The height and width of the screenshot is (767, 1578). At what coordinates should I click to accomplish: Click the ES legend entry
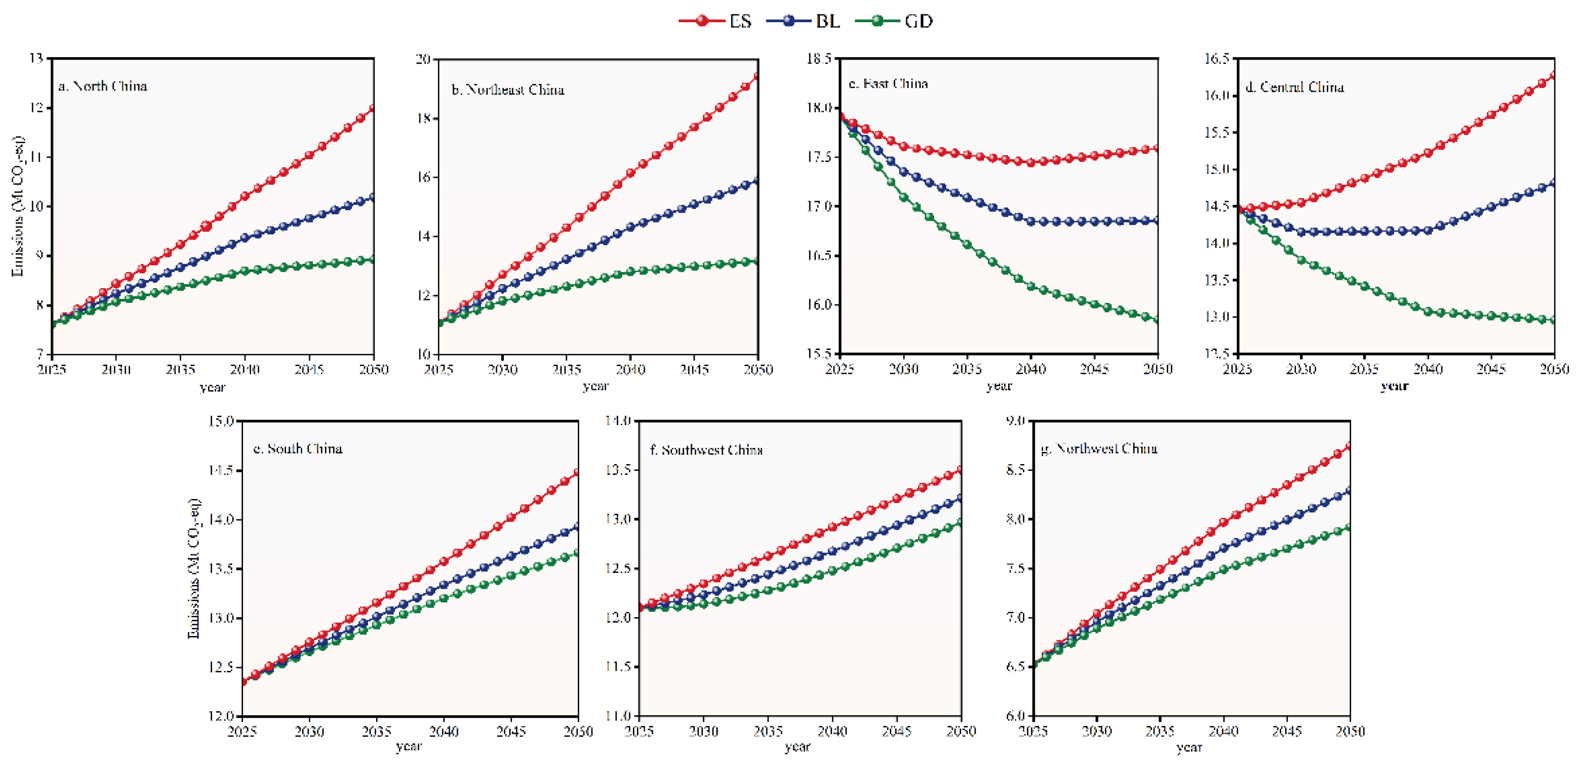click(x=715, y=21)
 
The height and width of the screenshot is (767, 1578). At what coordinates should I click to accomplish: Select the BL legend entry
click(x=803, y=21)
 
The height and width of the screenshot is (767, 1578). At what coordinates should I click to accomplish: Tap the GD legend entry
click(x=894, y=21)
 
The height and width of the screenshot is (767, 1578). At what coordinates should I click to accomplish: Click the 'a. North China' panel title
click(x=103, y=86)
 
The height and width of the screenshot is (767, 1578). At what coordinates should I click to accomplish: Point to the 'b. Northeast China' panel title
click(x=508, y=90)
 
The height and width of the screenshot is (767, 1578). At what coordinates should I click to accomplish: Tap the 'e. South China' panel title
click(x=298, y=449)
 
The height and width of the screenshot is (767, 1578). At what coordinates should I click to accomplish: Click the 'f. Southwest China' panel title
click(x=706, y=450)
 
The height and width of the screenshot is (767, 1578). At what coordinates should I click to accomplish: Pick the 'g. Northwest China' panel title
click(x=1099, y=449)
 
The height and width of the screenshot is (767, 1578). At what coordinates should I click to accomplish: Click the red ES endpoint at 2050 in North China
click(x=373, y=109)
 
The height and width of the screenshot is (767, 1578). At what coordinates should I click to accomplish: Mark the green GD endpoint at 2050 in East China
click(x=1157, y=320)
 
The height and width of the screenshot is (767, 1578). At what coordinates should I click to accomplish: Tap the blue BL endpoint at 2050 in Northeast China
click(x=758, y=181)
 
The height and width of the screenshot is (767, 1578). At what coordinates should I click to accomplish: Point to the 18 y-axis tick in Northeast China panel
click(x=424, y=118)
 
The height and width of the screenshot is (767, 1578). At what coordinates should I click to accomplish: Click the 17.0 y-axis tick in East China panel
click(x=819, y=206)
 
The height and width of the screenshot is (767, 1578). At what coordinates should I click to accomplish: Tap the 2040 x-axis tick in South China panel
click(x=444, y=732)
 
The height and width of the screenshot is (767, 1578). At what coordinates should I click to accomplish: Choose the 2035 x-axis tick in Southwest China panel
click(x=768, y=732)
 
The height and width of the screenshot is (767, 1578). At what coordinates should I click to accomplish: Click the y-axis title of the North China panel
click(x=18, y=206)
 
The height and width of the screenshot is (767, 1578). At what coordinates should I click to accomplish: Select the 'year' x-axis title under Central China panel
click(x=1394, y=386)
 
